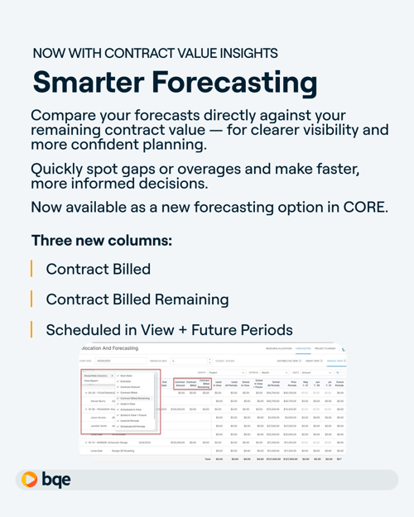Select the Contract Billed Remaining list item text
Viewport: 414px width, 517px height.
[137, 299]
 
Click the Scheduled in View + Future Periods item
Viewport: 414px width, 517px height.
[169, 329]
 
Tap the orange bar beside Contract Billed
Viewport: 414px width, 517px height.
[31, 269]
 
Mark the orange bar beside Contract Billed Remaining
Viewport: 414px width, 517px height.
[31, 299]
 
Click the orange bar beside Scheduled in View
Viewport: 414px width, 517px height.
[31, 329]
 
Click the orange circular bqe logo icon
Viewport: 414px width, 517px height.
[30, 480]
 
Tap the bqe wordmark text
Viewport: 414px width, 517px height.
[56, 480]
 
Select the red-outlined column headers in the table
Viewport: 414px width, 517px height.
[192, 384]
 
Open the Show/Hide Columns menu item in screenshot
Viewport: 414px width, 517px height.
[99, 376]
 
